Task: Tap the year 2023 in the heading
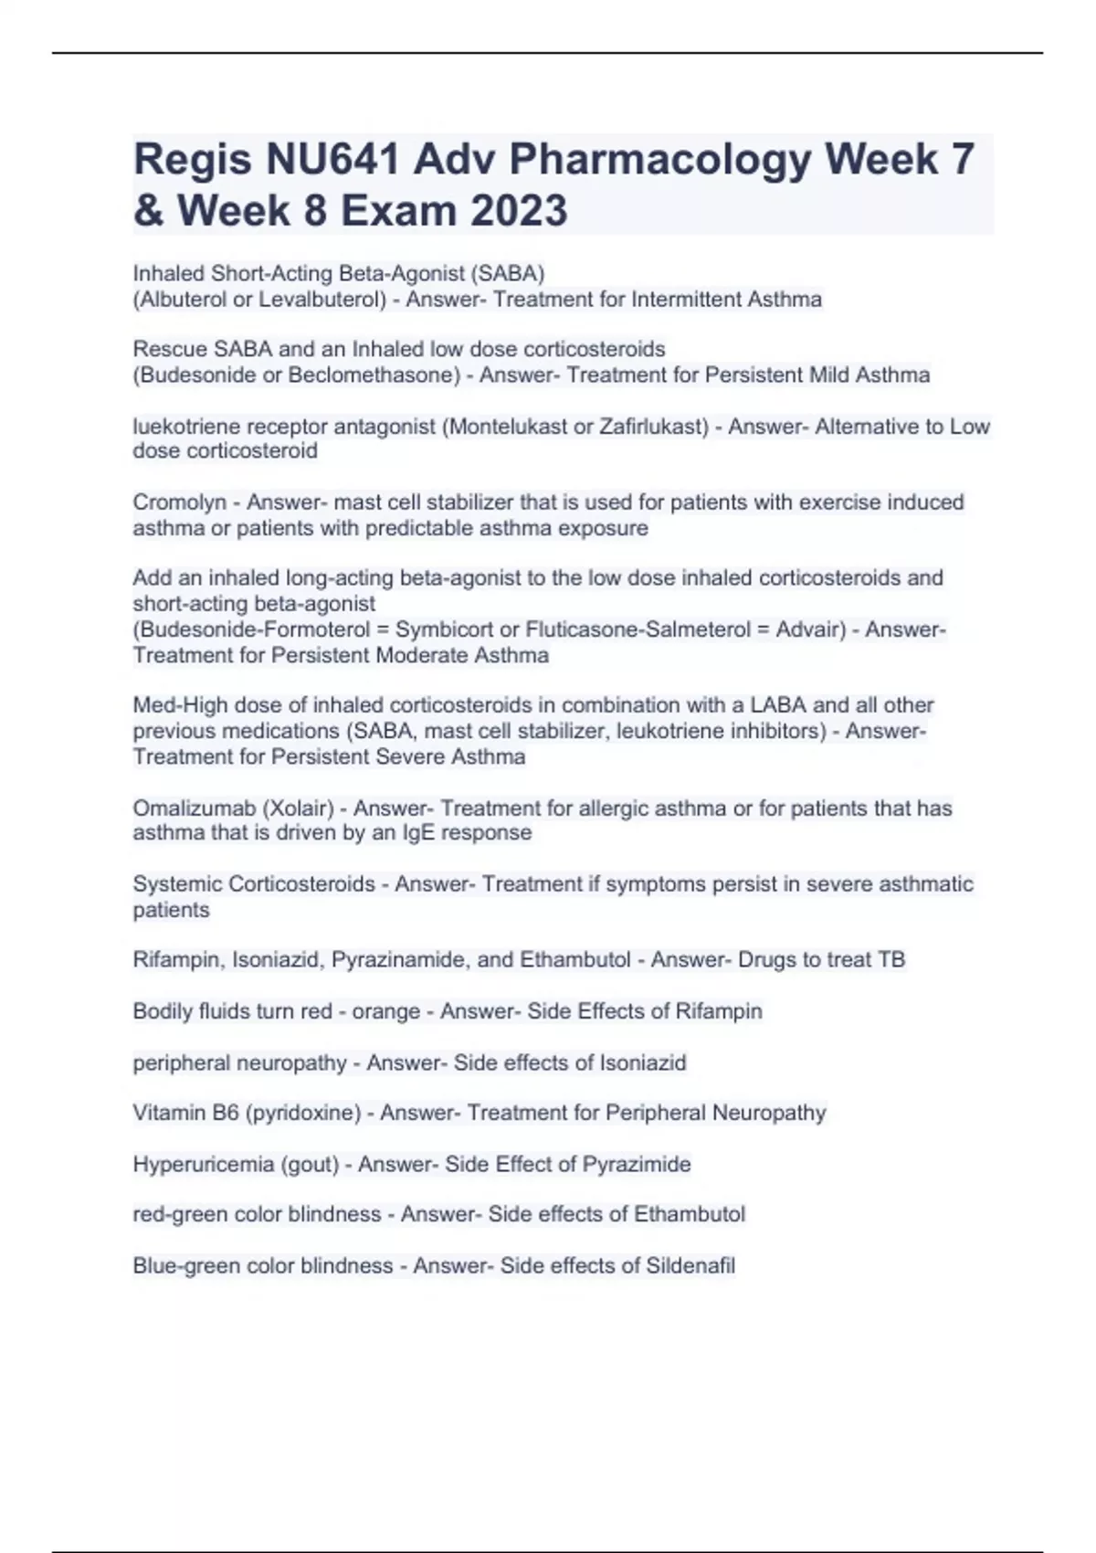519,211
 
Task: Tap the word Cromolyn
180,502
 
